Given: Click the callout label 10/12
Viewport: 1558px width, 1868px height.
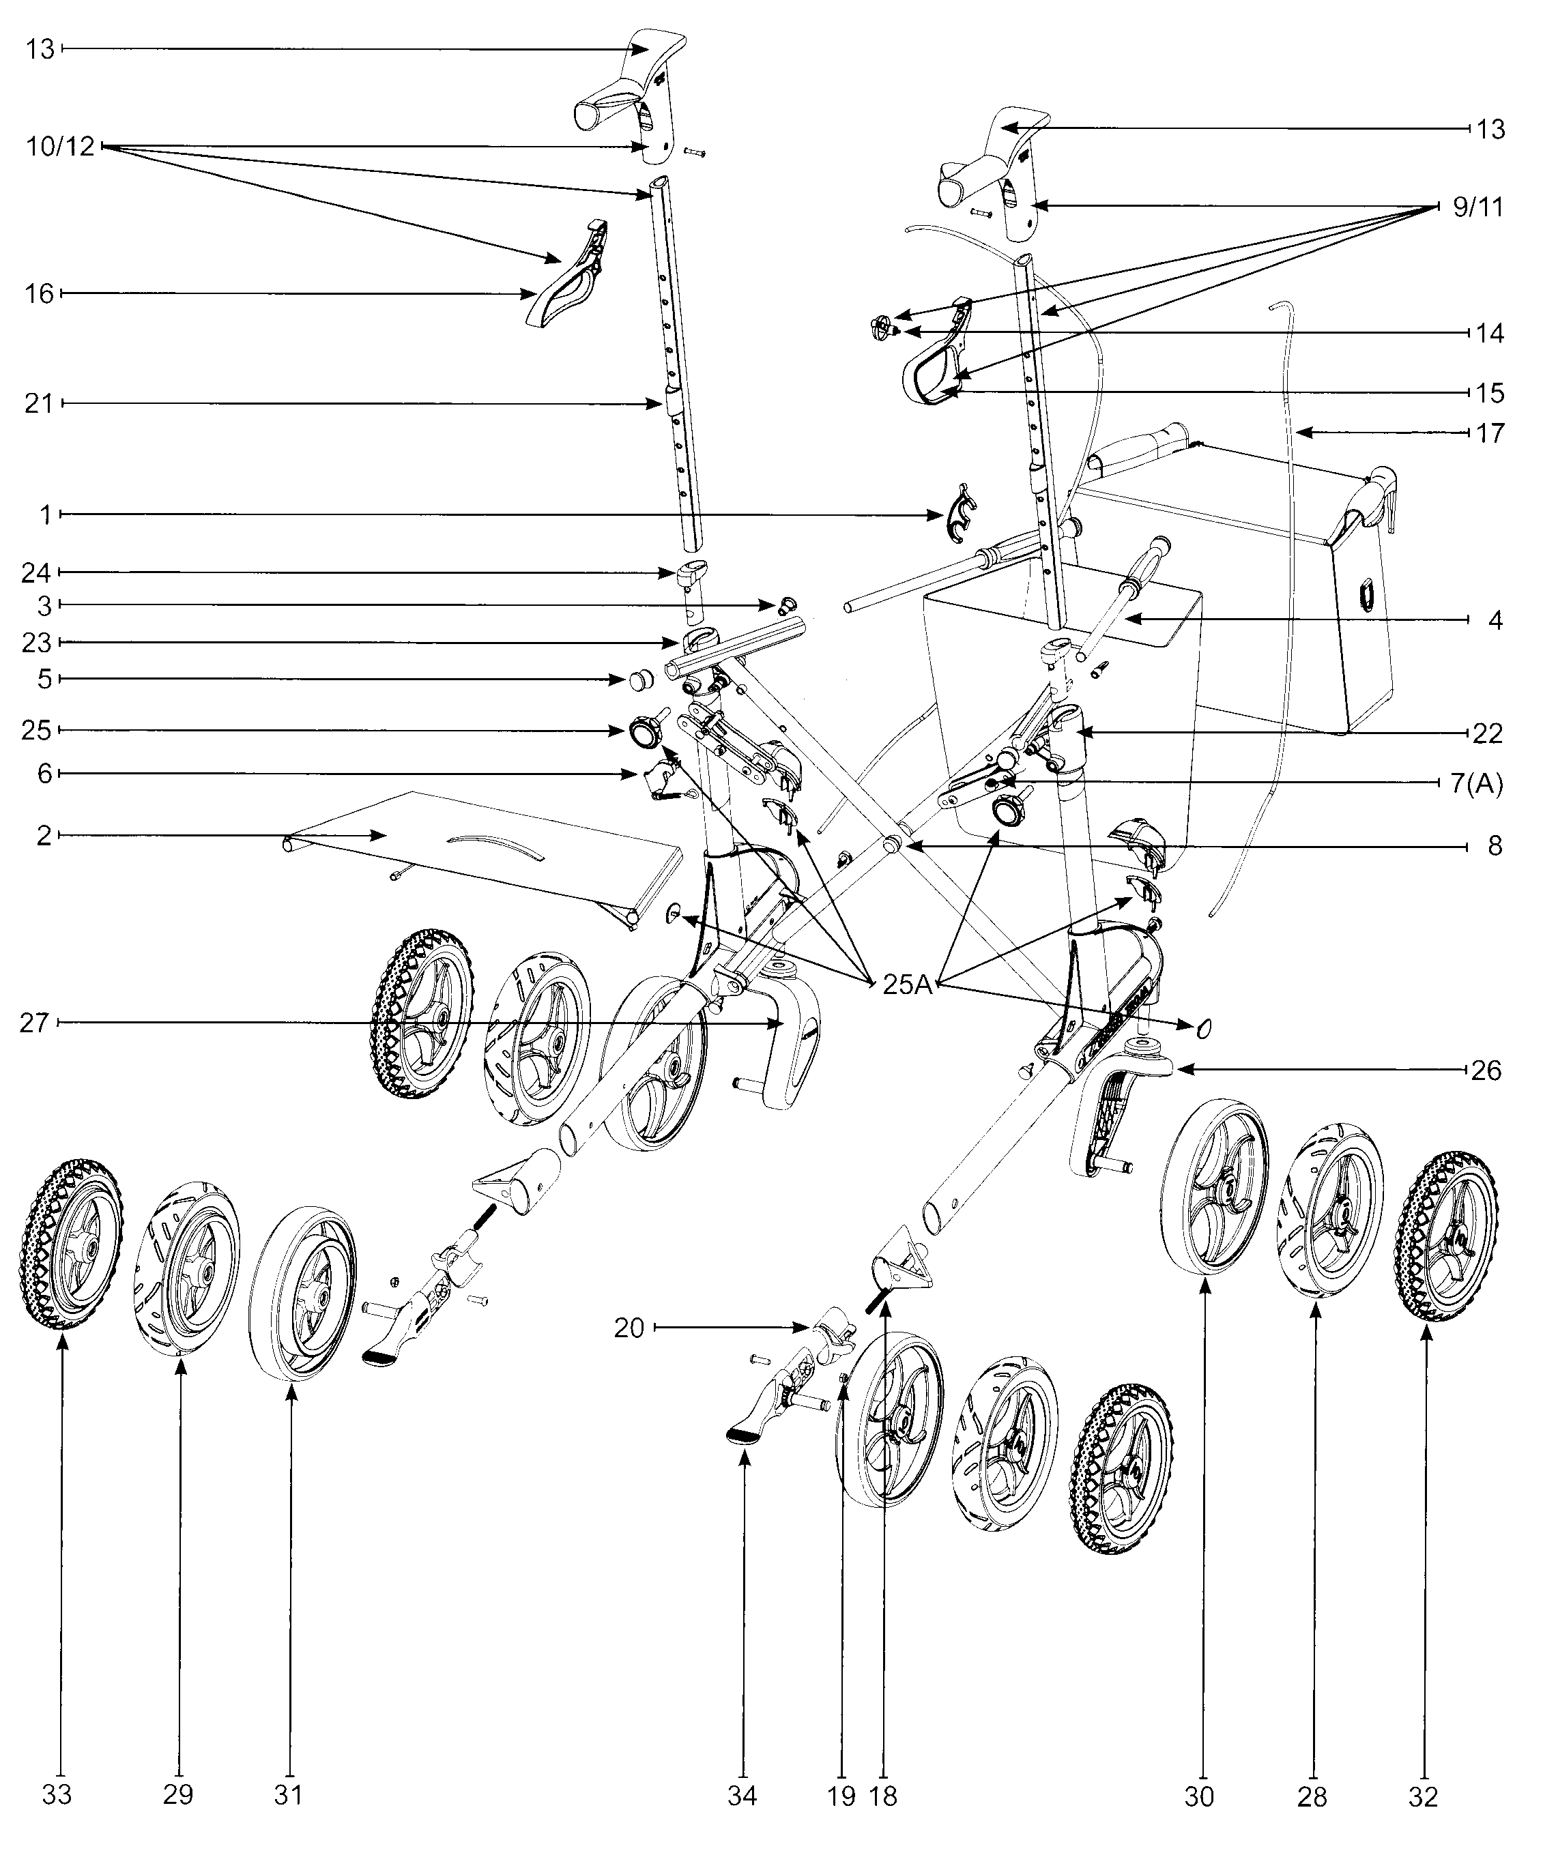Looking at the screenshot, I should (x=59, y=146).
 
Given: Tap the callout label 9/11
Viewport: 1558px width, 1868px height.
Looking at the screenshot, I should (x=1477, y=207).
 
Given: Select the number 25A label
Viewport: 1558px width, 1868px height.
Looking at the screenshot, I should (x=906, y=984).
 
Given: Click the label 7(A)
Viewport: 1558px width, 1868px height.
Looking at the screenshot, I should (x=1470, y=785).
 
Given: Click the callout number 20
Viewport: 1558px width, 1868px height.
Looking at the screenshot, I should (x=629, y=1329).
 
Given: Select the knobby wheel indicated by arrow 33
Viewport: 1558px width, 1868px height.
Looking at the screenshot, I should (x=67, y=1244).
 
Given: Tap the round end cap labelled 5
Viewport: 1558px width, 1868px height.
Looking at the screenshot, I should (x=637, y=680).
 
